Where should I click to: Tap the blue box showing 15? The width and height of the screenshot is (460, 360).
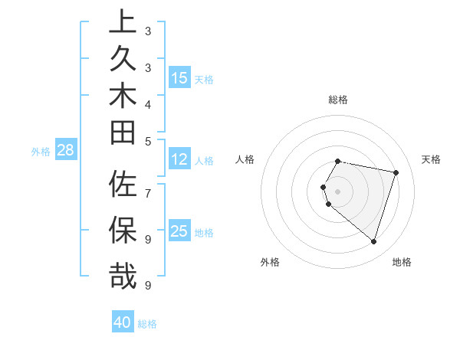[x=179, y=78]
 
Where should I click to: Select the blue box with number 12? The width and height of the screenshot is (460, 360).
[x=179, y=160]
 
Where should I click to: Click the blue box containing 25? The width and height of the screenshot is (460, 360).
[x=179, y=231]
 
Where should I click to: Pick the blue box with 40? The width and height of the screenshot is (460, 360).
[x=123, y=322]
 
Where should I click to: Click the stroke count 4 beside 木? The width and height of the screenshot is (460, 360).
[x=148, y=104]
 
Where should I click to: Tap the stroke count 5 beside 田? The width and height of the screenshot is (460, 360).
[x=148, y=141]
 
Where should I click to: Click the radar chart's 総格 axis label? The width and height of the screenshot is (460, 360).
[x=338, y=100]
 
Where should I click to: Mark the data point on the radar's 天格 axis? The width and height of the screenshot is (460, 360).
[x=396, y=172]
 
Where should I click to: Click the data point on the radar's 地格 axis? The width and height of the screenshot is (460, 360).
[x=373, y=242]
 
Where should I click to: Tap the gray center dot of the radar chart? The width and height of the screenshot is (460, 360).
[x=337, y=191]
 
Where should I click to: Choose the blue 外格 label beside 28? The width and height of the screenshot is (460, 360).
[x=41, y=151]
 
